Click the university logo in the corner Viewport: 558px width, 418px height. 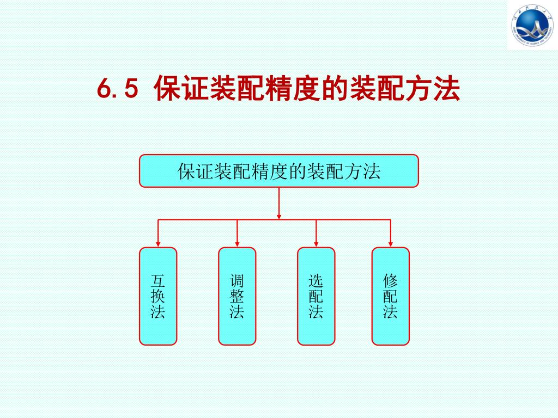point(532,25)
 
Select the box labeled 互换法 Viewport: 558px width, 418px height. point(158,296)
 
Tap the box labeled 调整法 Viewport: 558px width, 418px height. point(237,296)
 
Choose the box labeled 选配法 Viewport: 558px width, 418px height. point(316,296)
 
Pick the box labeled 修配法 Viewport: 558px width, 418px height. point(390,296)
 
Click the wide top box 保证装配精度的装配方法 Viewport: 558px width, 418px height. point(278,171)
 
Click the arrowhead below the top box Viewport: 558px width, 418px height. point(279,216)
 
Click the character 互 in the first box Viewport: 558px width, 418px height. point(158,281)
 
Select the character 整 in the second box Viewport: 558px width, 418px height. point(237,297)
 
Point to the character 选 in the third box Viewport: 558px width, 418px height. point(316,281)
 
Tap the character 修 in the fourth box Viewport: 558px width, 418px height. point(390,281)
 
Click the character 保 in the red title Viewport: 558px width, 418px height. point(167,89)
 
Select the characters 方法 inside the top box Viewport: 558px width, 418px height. point(363,171)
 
